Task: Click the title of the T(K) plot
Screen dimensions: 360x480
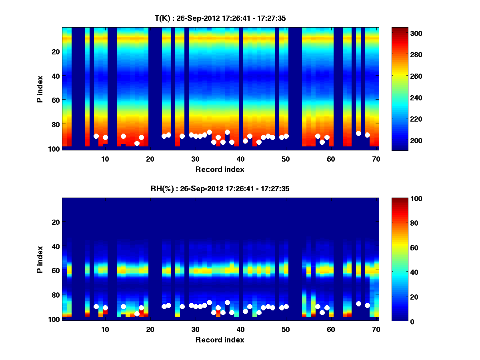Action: pyautogui.click(x=220, y=18)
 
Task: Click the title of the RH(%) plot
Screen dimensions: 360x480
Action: pyautogui.click(x=220, y=189)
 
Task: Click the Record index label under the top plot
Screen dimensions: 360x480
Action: pyautogui.click(x=220, y=169)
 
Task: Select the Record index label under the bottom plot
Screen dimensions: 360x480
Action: pyautogui.click(x=220, y=340)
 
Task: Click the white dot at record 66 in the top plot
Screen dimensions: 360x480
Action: pyautogui.click(x=358, y=133)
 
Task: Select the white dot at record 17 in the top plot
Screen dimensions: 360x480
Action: pyautogui.click(x=137, y=143)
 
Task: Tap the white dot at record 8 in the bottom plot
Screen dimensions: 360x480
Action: pyautogui.click(x=96, y=306)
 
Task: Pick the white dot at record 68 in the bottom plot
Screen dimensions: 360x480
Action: pyautogui.click(x=367, y=305)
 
